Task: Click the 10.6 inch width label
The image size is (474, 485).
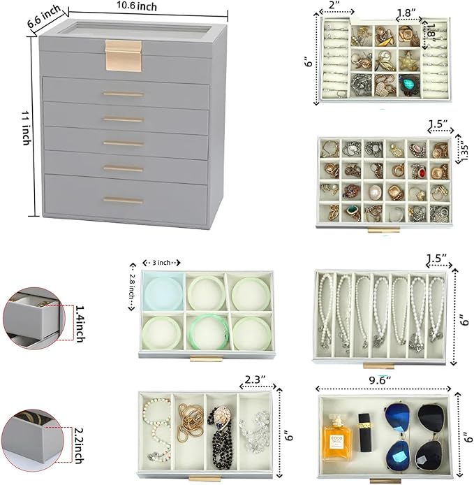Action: pyautogui.click(x=137, y=6)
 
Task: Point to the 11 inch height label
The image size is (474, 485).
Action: pyautogui.click(x=27, y=127)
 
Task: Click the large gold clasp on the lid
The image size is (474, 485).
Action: pyautogui.click(x=124, y=56)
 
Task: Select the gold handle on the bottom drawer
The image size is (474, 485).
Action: pyautogui.click(x=124, y=201)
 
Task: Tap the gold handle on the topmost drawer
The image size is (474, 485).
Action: pyautogui.click(x=124, y=94)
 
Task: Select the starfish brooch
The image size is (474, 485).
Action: pyautogui.click(x=408, y=61)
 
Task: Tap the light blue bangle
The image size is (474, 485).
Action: pyautogui.click(x=163, y=292)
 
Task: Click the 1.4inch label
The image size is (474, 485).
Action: pyautogui.click(x=79, y=324)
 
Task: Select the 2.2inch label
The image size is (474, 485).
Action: pyautogui.click(x=79, y=445)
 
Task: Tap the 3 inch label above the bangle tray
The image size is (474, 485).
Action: pyautogui.click(x=161, y=263)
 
